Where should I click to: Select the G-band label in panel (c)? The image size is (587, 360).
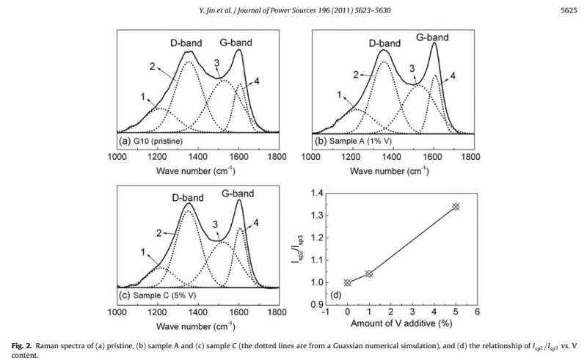click(x=236, y=194)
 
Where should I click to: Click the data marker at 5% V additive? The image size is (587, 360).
click(x=456, y=207)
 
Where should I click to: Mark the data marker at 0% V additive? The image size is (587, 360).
click(x=348, y=282)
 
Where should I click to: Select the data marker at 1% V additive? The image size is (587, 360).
click(x=369, y=273)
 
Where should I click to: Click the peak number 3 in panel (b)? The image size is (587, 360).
click(x=412, y=68)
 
